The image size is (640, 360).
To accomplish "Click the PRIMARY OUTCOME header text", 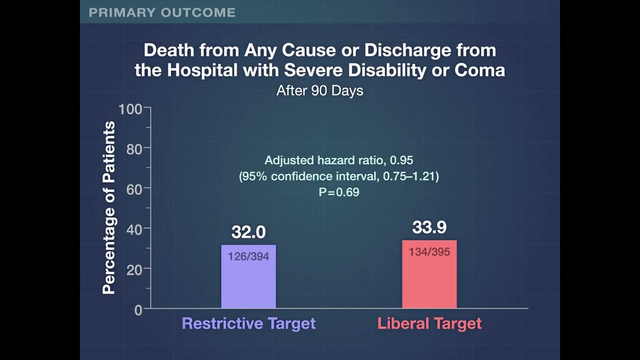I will click(162, 12).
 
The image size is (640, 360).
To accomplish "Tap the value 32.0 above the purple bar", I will click(248, 232).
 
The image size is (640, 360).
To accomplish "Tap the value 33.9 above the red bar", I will click(429, 227).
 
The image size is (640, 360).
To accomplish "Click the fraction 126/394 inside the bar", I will click(248, 256).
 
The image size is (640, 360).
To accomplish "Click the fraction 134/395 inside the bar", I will click(429, 252).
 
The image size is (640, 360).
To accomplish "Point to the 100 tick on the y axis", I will click(130, 108).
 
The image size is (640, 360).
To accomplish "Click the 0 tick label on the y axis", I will click(138, 309).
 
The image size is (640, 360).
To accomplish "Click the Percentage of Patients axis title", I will click(108, 207).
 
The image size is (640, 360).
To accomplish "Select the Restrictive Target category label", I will click(248, 323).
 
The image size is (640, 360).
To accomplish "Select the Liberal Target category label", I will click(429, 323).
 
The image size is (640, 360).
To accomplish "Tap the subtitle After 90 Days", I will click(319, 90).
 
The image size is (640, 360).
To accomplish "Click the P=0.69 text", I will click(339, 192).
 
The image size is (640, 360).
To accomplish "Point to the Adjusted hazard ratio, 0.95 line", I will click(339, 160).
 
